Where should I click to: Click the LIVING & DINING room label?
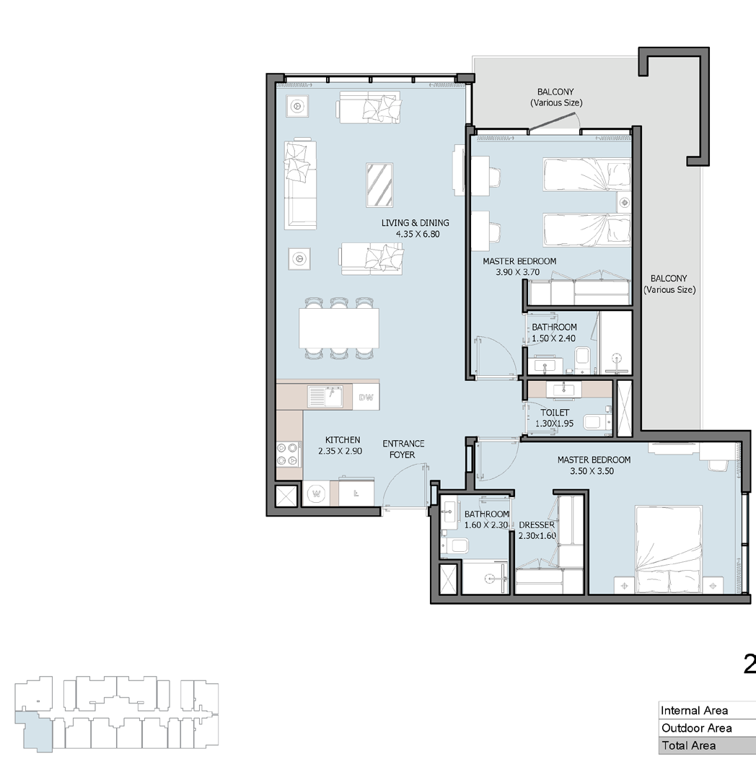pyautogui.click(x=415, y=223)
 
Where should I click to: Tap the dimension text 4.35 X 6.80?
pyautogui.click(x=418, y=234)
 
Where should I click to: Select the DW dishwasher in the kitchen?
pyautogui.click(x=366, y=398)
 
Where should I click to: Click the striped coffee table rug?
pyautogui.click(x=379, y=185)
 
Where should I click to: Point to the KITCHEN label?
pyautogui.click(x=343, y=440)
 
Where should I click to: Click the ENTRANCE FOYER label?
pyautogui.click(x=403, y=449)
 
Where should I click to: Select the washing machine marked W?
pyautogui.click(x=317, y=493)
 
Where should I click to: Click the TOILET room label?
pyautogui.click(x=555, y=413)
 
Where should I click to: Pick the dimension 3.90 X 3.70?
pyautogui.click(x=517, y=273)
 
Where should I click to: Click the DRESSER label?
pyautogui.click(x=536, y=525)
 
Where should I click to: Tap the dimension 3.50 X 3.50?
pyautogui.click(x=592, y=471)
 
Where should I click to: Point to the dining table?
pyautogui.click(x=339, y=328)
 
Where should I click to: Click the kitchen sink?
pyautogui.click(x=325, y=397)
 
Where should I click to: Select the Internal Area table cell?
pyautogui.click(x=707, y=710)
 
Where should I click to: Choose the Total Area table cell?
pyautogui.click(x=707, y=745)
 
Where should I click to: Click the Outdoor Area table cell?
pyautogui.click(x=707, y=728)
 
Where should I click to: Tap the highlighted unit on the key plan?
pyautogui.click(x=32, y=730)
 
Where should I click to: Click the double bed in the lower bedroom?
pyautogui.click(x=669, y=550)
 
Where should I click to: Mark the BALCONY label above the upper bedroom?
pyautogui.click(x=556, y=97)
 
